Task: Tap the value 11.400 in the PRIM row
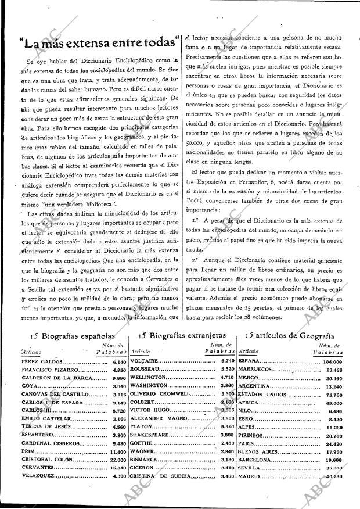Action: [117, 451]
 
